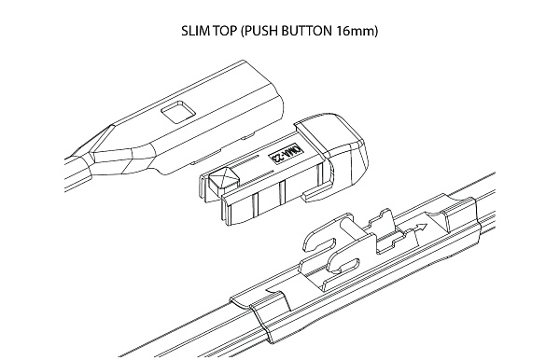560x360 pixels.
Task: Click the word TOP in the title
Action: click(x=224, y=31)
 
